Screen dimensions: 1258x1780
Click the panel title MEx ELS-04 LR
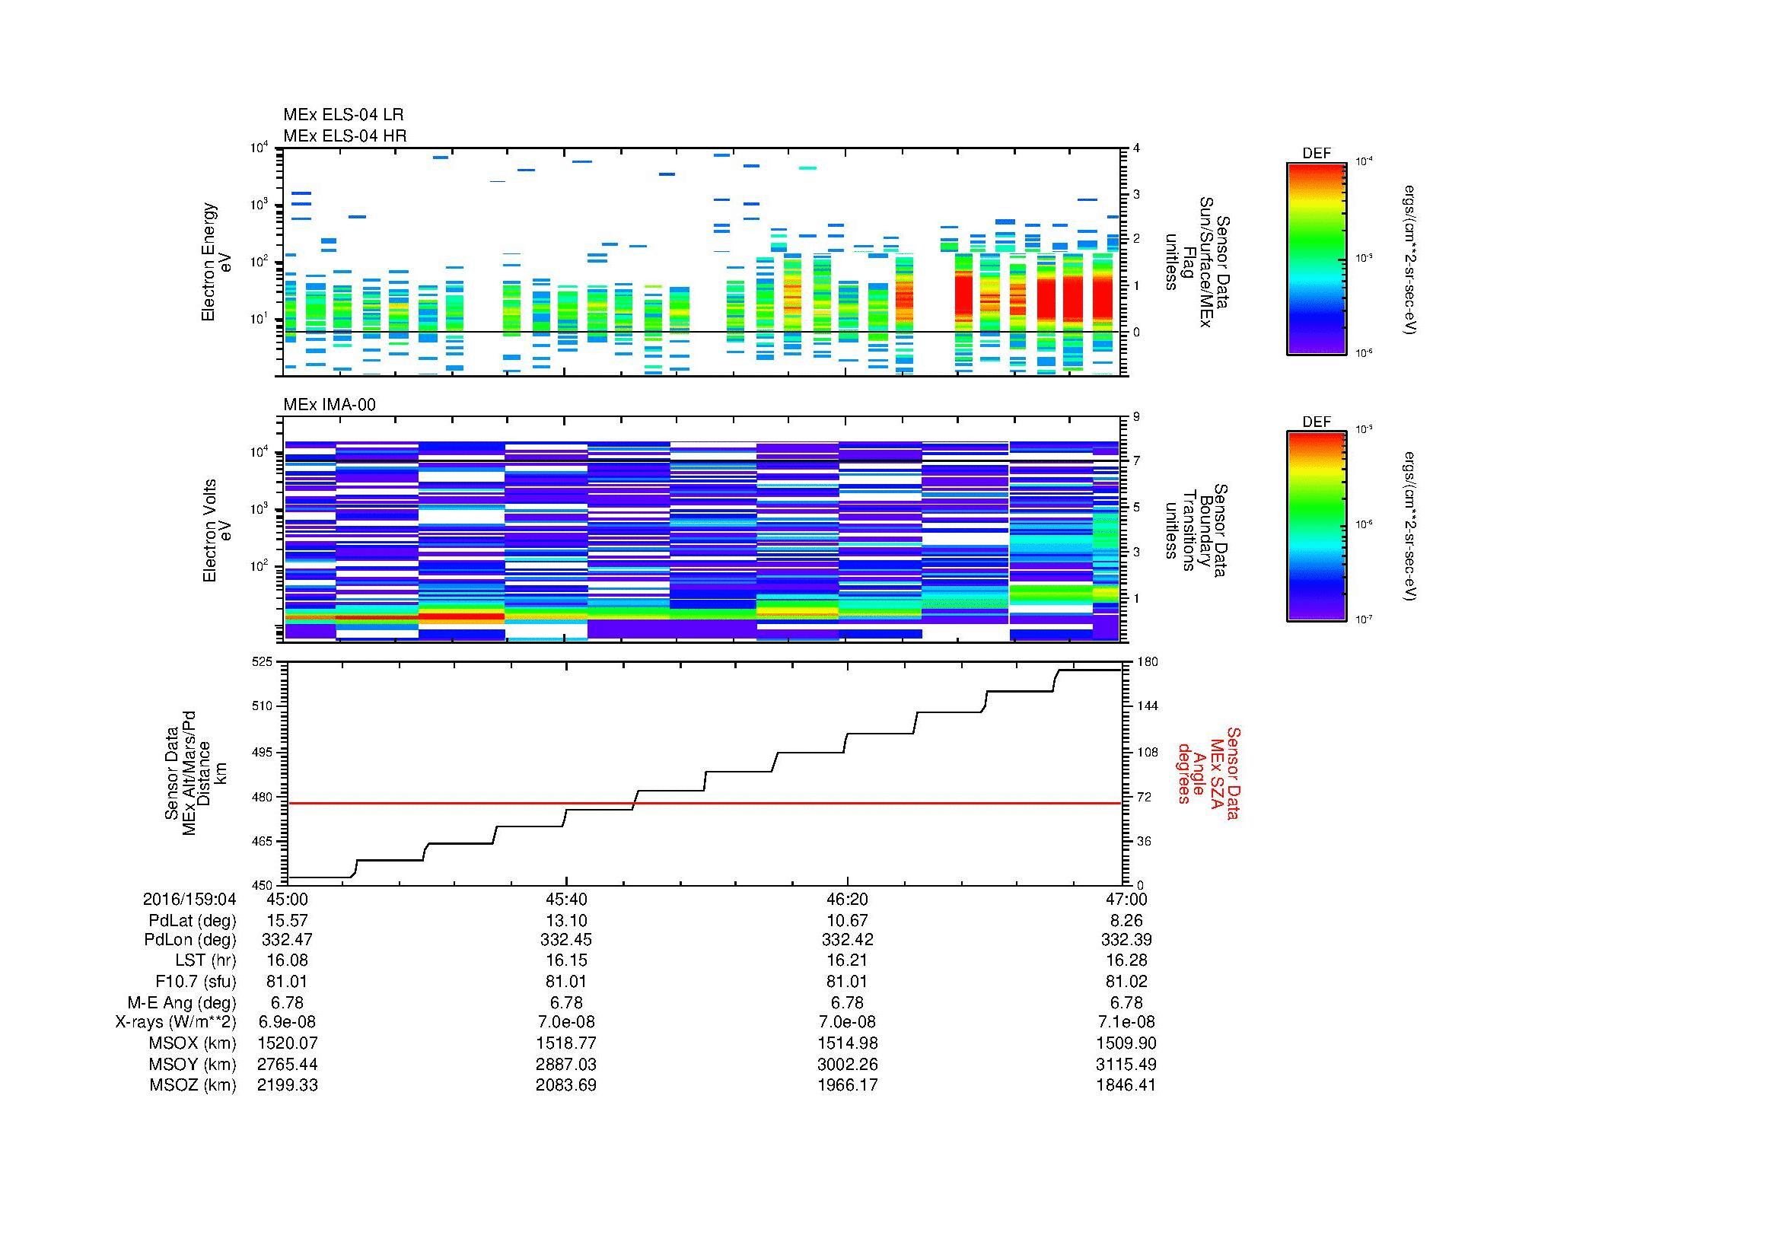[342, 115]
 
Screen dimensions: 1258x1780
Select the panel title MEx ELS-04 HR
[344, 135]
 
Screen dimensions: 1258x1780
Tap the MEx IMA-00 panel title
[329, 405]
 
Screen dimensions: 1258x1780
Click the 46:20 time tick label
[846, 899]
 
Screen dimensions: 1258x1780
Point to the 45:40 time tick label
[566, 899]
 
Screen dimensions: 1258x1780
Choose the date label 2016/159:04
[189, 899]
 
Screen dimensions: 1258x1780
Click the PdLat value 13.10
[566, 920]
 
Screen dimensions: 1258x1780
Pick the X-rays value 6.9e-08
[287, 1022]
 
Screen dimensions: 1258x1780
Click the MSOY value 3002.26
[846, 1064]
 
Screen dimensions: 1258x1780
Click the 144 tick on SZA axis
[1147, 706]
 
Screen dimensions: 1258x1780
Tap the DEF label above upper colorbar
[1316, 154]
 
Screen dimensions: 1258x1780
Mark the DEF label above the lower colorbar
[1316, 422]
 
